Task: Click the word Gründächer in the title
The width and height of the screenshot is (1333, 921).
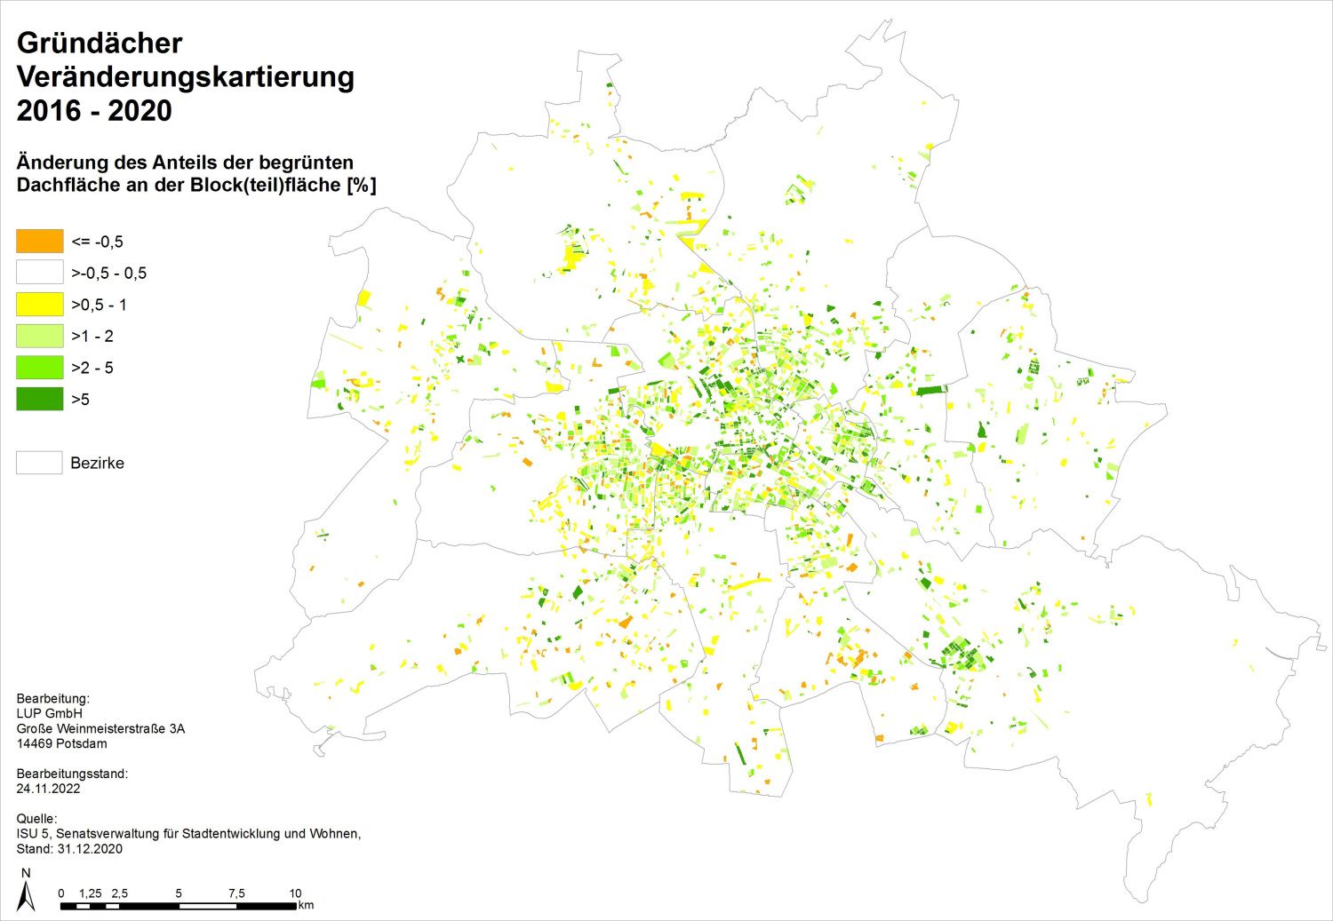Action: click(x=100, y=43)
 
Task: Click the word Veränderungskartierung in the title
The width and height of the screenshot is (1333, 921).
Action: click(x=185, y=77)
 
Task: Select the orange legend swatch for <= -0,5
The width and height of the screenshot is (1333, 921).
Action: click(x=40, y=242)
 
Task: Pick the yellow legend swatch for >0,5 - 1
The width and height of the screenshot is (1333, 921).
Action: click(x=40, y=305)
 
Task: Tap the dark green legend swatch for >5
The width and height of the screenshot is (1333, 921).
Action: click(x=40, y=399)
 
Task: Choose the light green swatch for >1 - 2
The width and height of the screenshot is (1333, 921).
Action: click(x=40, y=336)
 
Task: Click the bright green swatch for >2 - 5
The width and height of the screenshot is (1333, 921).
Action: click(x=40, y=368)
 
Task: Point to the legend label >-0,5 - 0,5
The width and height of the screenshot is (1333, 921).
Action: click(x=108, y=274)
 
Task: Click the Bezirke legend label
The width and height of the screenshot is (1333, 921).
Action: click(x=97, y=463)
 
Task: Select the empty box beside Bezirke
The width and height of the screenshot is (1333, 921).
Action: click(x=40, y=463)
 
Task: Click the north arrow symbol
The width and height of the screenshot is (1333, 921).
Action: click(x=26, y=891)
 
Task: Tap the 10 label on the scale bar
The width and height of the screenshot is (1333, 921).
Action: click(x=295, y=893)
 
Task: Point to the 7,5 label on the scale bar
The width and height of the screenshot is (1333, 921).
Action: click(x=236, y=893)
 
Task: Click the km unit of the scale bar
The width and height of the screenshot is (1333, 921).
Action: click(x=306, y=906)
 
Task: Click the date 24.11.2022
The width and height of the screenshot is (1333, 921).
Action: click(x=48, y=789)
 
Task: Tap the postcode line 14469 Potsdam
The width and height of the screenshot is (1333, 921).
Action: click(x=61, y=743)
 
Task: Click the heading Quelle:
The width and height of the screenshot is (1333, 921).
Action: click(x=36, y=818)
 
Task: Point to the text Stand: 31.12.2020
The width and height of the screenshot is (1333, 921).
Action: click(x=69, y=848)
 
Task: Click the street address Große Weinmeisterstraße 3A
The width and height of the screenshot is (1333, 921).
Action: click(x=100, y=728)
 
